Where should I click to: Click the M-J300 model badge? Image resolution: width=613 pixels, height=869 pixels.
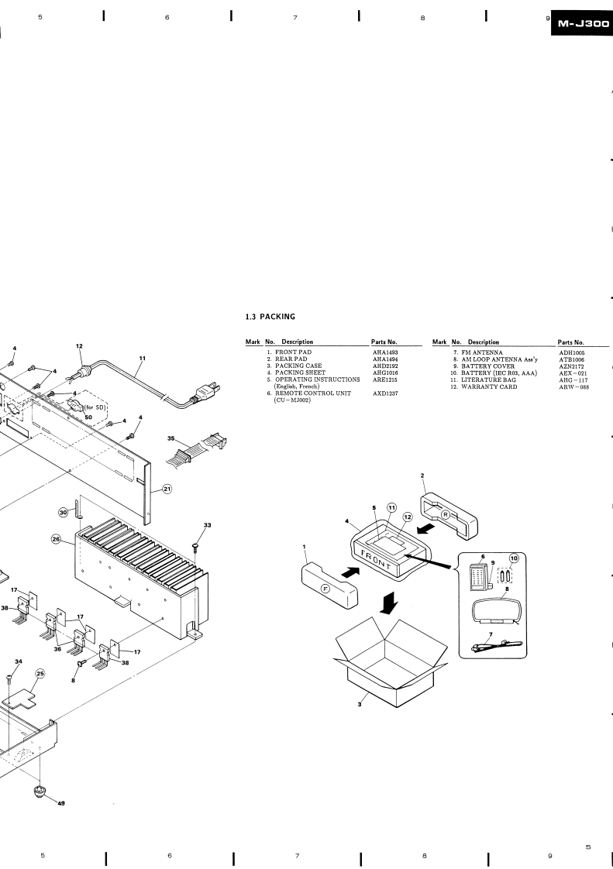[582, 24]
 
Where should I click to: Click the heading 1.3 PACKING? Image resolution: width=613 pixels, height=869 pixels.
[270, 317]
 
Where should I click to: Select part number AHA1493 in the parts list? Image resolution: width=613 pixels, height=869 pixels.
[385, 352]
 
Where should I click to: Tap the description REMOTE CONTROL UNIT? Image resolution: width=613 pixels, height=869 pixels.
[313, 393]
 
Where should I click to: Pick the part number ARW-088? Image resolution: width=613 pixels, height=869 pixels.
[573, 386]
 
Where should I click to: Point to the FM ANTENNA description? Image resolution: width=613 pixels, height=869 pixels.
[481, 352]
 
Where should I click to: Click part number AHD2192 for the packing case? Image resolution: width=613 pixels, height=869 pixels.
[385, 366]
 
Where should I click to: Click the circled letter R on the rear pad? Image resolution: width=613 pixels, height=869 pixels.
[446, 514]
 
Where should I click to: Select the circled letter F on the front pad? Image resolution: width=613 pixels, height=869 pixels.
[325, 589]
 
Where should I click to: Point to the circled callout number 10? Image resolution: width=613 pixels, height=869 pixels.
[514, 558]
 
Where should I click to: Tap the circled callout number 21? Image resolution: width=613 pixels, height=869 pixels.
[167, 489]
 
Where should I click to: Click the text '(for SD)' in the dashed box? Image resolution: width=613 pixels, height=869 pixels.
[97, 407]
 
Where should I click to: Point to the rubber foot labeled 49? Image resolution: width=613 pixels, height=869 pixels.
[40, 791]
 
